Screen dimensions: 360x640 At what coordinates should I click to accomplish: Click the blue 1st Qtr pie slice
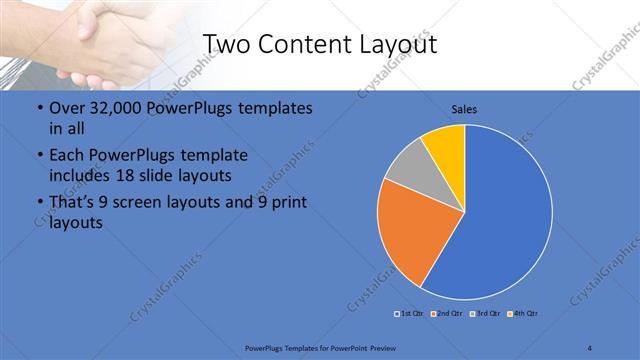(505, 220)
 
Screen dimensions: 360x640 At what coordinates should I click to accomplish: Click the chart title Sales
(464, 108)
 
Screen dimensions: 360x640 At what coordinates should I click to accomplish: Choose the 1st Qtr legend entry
(409, 314)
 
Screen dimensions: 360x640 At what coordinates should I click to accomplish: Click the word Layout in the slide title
(395, 45)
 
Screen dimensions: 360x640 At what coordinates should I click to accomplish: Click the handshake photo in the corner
(80, 40)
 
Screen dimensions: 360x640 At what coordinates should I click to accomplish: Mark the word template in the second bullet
(211, 155)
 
